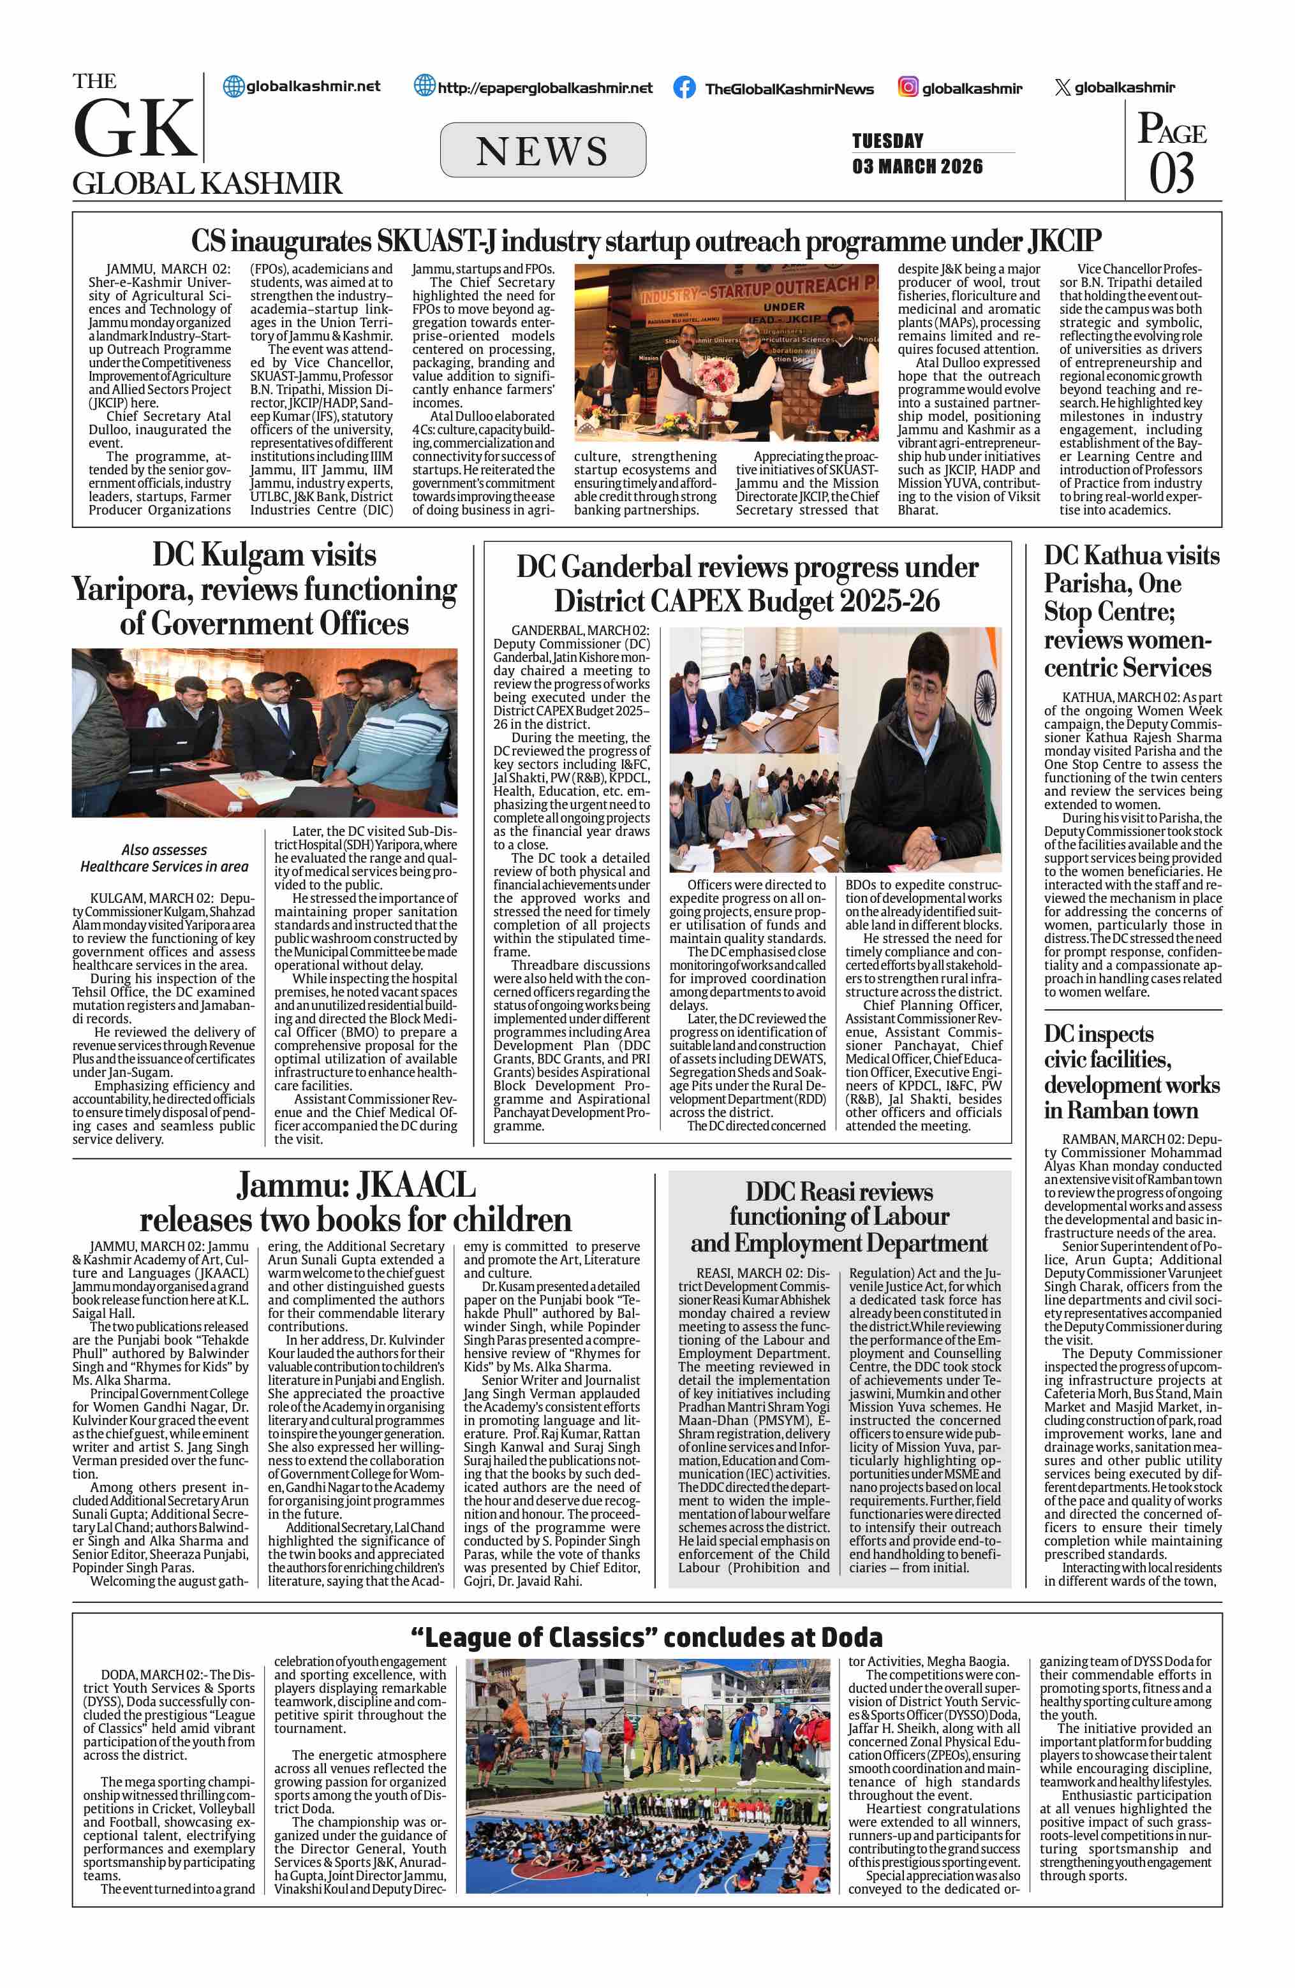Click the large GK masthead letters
coord(134,129)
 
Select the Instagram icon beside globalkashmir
coord(907,87)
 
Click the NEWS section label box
coord(542,150)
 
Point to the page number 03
coord(1171,173)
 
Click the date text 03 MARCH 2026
coord(917,166)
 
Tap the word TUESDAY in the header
coord(887,140)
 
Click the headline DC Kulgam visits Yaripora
coord(264,589)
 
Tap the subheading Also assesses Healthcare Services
coord(164,858)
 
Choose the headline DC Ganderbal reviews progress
coord(747,584)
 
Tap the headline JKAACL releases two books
coord(355,1203)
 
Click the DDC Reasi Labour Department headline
coord(839,1217)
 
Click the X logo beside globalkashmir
coord(1062,87)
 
